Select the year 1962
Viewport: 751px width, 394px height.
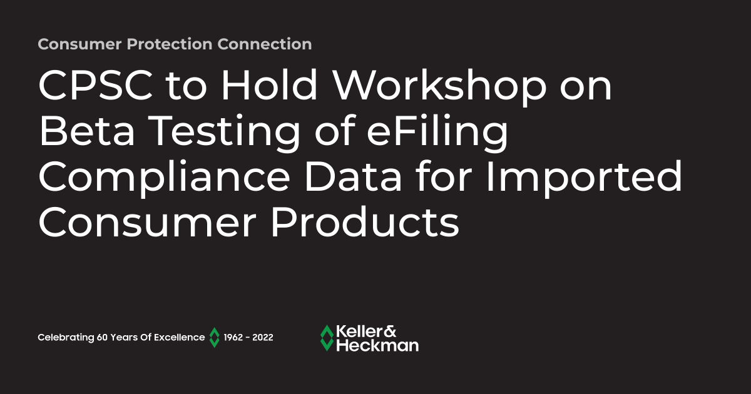coord(234,338)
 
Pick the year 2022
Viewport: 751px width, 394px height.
coord(263,338)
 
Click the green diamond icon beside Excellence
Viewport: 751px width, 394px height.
coord(214,338)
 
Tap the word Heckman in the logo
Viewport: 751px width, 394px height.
coord(377,345)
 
